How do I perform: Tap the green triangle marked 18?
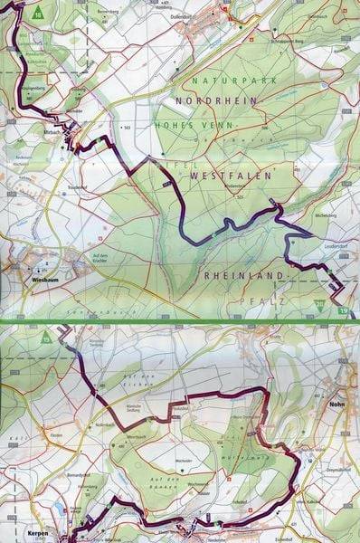pos(38,14)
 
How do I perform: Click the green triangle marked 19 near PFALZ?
pos(317,306)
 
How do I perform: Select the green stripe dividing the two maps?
pos(180,320)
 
